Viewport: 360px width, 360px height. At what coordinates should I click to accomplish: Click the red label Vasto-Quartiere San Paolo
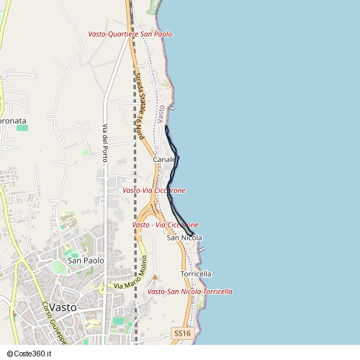tap(130, 34)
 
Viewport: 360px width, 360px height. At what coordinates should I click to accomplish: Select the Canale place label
tap(164, 159)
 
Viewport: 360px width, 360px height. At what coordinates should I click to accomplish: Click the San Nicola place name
tap(184, 238)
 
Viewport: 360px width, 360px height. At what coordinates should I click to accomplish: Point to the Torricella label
tap(196, 274)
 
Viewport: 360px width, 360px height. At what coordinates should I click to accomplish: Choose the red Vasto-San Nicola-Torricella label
tap(189, 292)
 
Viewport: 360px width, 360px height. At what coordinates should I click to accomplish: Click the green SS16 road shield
tap(182, 333)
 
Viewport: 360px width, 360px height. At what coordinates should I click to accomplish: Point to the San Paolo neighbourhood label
tap(86, 261)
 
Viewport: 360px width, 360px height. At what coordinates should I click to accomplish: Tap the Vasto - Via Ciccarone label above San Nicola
tap(166, 225)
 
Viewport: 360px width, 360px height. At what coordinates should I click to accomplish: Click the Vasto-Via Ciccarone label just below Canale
tap(154, 190)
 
